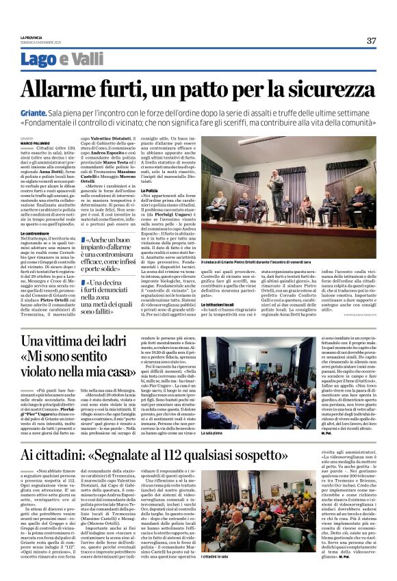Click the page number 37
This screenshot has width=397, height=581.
tap(371, 40)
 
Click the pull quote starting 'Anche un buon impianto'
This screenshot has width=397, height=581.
tap(112, 255)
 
